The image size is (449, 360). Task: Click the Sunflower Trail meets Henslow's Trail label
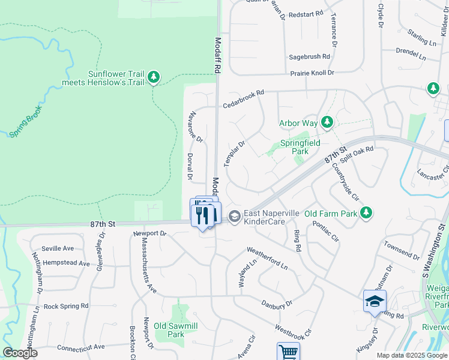tap(116, 78)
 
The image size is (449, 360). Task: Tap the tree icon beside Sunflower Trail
tap(154, 76)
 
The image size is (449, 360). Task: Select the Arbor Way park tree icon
tap(327, 123)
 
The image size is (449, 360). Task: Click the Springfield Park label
tap(300, 147)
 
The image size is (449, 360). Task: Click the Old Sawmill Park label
tap(175, 331)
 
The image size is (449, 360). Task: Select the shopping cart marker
tap(288, 352)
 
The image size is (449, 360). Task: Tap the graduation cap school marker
tap(375, 302)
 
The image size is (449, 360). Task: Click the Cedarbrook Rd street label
tap(244, 100)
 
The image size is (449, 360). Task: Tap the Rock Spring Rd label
tap(66, 305)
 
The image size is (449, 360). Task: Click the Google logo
tap(20, 353)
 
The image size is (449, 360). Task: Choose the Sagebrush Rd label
tap(309, 56)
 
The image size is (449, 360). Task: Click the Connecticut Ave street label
tap(80, 347)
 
